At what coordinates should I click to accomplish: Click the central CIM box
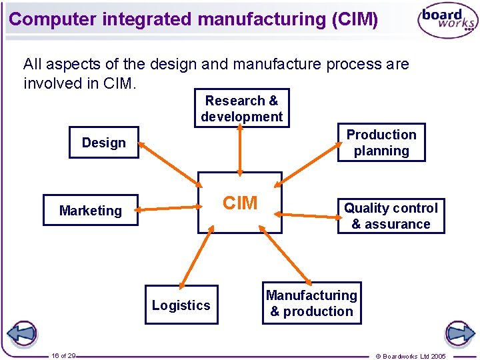[x=240, y=203]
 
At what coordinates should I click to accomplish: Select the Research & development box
[x=241, y=108]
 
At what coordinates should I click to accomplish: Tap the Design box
[x=103, y=142]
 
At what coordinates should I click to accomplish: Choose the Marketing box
[x=91, y=210]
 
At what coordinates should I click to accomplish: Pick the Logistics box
[x=181, y=305]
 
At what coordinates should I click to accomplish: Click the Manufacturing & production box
[x=311, y=303]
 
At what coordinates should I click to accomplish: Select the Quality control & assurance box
[x=391, y=216]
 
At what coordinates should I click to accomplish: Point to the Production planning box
[x=381, y=143]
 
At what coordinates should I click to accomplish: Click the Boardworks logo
[x=447, y=20]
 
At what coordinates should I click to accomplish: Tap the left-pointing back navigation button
[x=21, y=333]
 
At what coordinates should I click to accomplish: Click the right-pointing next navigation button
[x=459, y=333]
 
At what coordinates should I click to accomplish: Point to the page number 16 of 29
[x=63, y=356]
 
